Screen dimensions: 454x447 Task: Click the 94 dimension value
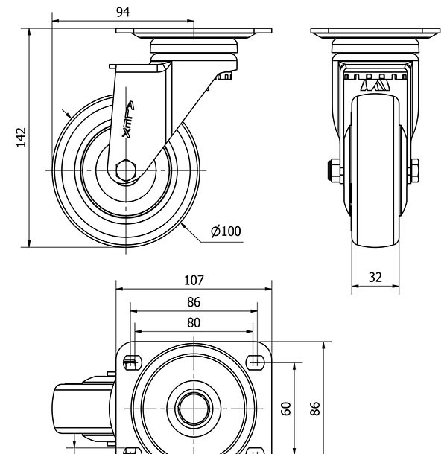(124, 11)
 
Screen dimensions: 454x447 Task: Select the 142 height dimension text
(21, 138)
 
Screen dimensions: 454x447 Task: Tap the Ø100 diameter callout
(226, 231)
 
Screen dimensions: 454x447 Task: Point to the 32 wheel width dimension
(375, 277)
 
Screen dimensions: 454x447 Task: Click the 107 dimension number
(194, 281)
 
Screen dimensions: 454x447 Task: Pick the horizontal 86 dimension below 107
(194, 302)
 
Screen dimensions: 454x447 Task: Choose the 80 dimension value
(194, 323)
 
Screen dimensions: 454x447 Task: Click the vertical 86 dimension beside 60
(315, 408)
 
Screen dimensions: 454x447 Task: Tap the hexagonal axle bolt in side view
(127, 170)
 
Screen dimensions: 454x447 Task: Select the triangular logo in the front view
(375, 86)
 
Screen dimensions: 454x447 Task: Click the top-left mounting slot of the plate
(131, 363)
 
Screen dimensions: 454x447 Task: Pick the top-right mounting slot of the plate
(256, 363)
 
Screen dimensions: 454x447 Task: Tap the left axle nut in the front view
(333, 170)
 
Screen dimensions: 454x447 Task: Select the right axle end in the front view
(414, 170)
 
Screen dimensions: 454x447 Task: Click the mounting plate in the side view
(194, 33)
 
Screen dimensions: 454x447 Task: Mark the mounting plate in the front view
(375, 33)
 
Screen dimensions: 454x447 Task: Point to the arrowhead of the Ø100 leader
(183, 224)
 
